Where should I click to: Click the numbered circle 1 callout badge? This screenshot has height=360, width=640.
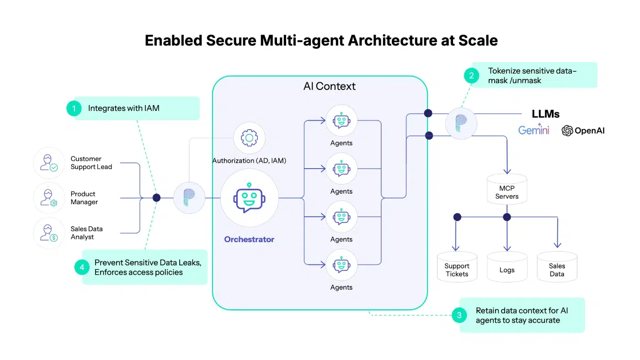point(73,108)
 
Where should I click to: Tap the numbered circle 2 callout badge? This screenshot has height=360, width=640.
point(471,75)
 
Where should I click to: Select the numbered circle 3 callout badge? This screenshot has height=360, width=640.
point(459,315)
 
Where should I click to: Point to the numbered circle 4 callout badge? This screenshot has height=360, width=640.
point(82,267)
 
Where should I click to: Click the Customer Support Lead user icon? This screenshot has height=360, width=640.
point(49,163)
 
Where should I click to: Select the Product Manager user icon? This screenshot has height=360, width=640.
point(49,198)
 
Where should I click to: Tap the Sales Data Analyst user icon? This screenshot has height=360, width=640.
point(49,233)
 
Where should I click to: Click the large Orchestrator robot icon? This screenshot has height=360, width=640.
point(249,198)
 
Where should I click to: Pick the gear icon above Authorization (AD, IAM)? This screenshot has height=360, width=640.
point(249,138)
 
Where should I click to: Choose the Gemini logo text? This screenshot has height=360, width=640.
point(533,131)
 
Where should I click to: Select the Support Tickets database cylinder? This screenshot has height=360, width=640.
point(457,267)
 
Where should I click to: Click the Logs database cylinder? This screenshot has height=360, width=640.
point(507,267)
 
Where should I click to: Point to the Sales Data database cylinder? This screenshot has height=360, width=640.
point(557,267)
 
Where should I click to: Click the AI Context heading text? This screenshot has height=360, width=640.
point(329,86)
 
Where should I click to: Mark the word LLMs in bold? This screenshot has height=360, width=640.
point(545,114)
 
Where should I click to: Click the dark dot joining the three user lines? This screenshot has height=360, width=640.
point(156,198)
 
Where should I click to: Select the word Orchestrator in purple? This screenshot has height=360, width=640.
point(249,239)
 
